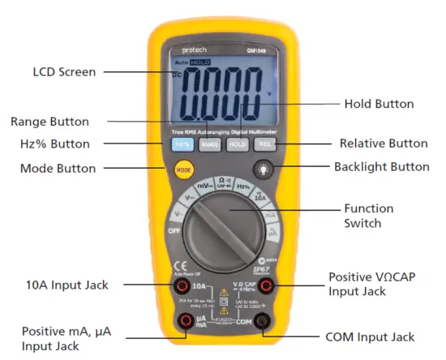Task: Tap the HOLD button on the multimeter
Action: pos(236,144)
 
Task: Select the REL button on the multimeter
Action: pos(264,144)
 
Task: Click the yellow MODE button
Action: pos(183,170)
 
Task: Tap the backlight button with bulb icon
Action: pos(264,169)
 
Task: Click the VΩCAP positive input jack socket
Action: pos(264,285)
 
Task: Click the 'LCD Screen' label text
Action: pos(64,72)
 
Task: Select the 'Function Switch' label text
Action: pos(368,215)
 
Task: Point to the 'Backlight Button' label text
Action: pos(381,167)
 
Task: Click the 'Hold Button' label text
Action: pos(379,104)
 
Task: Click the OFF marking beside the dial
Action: pos(173,230)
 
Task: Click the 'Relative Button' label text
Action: pos(383,144)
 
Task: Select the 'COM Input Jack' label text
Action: pos(370,336)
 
